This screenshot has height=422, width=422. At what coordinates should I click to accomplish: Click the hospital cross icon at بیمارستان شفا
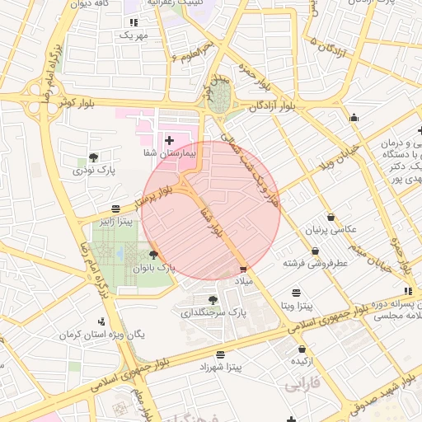169,140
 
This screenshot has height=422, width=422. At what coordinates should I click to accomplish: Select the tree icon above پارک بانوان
153,256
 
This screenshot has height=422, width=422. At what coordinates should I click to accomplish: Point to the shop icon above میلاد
242,269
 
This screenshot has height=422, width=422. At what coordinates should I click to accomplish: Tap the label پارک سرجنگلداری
213,313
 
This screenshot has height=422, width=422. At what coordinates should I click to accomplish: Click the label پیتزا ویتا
296,305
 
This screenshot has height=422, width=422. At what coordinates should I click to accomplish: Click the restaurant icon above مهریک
134,22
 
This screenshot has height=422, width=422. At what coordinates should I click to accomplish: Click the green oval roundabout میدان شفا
218,101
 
